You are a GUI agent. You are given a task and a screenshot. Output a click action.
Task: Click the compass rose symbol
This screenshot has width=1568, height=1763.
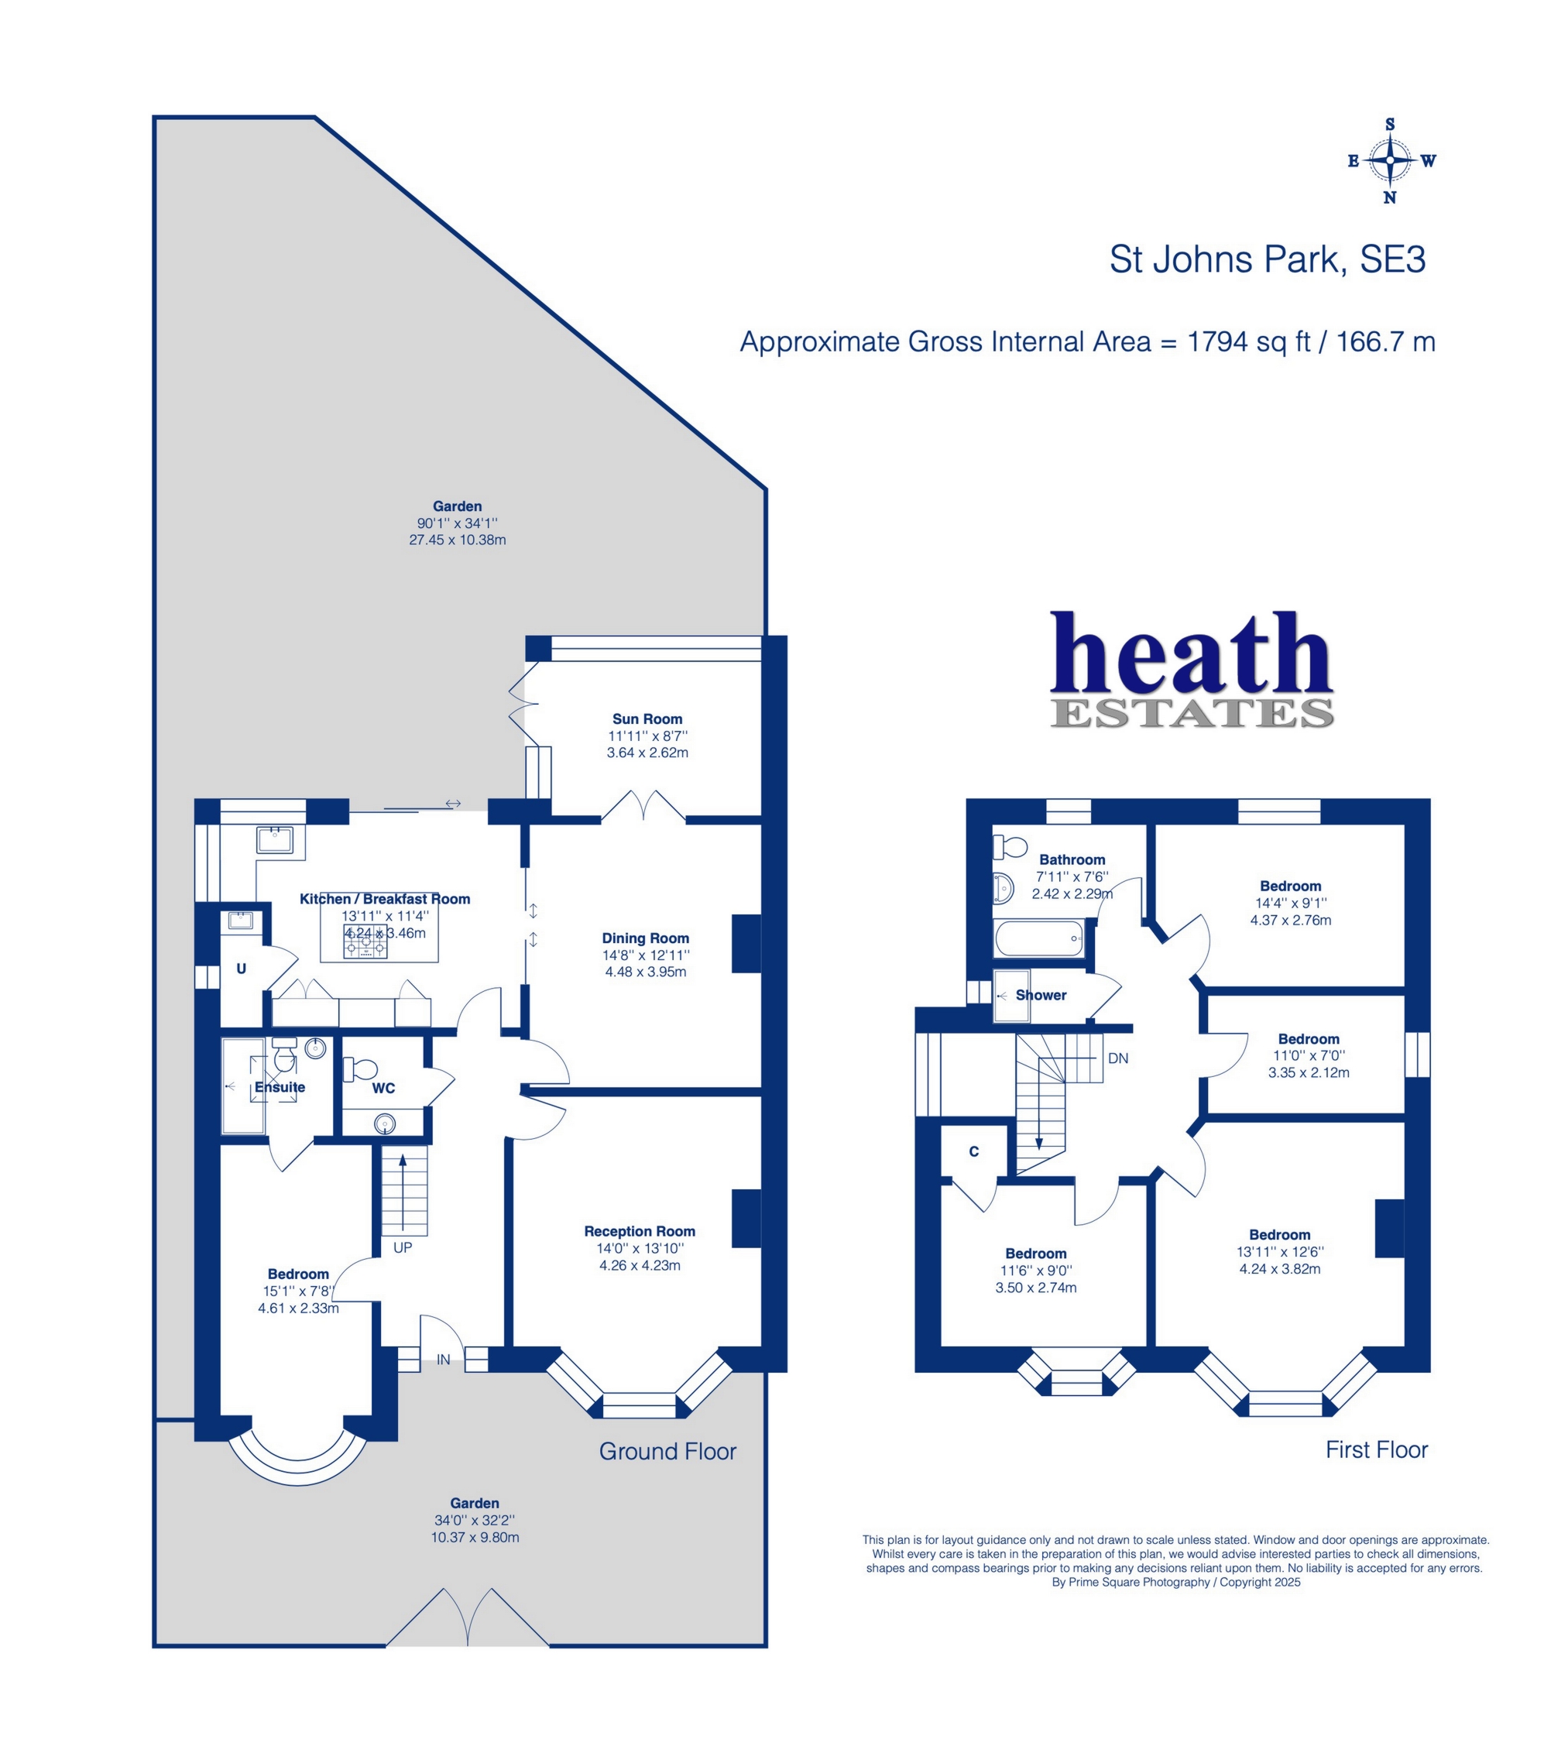(x=1391, y=160)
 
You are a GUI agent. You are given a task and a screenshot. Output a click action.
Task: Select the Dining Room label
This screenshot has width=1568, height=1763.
(x=645, y=938)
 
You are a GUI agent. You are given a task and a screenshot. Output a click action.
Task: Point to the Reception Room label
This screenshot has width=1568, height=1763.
(x=639, y=1231)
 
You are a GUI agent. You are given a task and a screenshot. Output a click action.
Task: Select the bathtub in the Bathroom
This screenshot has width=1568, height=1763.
(x=1038, y=938)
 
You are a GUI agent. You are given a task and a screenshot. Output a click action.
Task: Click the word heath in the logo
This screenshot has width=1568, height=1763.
(x=1192, y=653)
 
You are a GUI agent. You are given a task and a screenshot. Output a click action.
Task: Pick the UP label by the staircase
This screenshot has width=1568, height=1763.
(x=403, y=1247)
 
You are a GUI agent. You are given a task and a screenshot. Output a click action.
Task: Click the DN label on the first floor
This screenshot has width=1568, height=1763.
(x=1118, y=1058)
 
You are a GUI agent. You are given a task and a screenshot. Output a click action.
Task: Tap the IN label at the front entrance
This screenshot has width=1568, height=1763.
(x=444, y=1360)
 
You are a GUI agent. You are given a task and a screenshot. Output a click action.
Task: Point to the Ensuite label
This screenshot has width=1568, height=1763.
(x=280, y=1087)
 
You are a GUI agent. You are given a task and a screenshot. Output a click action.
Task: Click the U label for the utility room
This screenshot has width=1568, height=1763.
(x=242, y=969)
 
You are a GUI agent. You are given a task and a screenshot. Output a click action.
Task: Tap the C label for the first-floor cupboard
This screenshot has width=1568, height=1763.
(x=974, y=1151)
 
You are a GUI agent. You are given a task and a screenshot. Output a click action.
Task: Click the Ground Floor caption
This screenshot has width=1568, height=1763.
(x=667, y=1452)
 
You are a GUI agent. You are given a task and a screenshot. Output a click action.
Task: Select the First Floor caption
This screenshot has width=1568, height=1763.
(x=1377, y=1450)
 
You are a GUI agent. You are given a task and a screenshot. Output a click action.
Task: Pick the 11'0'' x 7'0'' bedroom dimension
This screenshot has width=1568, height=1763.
(x=1309, y=1055)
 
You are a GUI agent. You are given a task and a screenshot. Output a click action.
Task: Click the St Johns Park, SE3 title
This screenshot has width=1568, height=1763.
(x=1267, y=259)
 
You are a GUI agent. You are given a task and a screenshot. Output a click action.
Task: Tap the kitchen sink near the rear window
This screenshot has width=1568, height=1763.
(x=274, y=839)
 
